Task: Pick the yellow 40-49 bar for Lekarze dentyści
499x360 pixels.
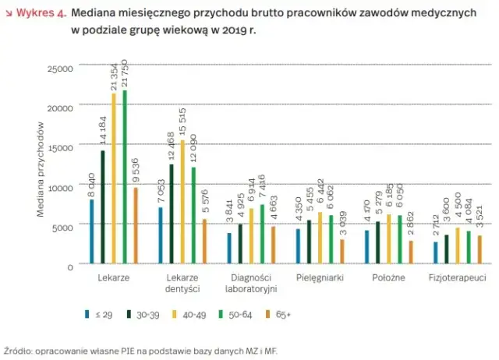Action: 182,203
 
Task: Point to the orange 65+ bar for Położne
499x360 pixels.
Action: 411,252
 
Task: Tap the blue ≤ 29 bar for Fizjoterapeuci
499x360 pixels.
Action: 435,253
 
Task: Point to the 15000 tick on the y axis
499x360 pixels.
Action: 62,147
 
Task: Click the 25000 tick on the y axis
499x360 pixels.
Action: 62,69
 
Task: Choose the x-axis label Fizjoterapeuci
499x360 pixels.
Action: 453,278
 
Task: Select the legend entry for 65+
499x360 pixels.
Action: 278,316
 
